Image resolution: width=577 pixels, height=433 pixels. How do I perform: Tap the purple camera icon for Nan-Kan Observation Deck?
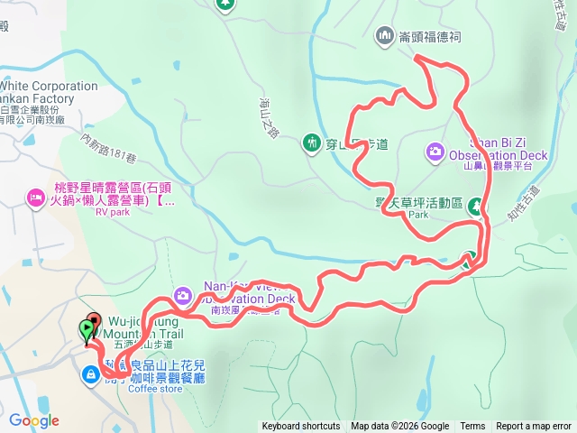pyautogui.click(x=183, y=295)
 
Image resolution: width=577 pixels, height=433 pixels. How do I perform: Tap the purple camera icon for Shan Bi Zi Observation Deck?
pyautogui.click(x=435, y=150)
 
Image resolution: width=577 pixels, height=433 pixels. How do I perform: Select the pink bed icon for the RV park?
pyautogui.click(x=36, y=196)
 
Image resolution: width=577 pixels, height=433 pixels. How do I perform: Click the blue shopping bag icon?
pyautogui.click(x=93, y=374)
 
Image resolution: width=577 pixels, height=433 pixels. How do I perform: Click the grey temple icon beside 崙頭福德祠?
pyautogui.click(x=383, y=35)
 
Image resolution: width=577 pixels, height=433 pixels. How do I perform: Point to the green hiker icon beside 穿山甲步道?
pyautogui.click(x=312, y=143)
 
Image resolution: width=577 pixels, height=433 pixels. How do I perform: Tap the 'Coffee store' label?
pyautogui.click(x=155, y=390)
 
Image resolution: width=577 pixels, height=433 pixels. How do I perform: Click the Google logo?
pyautogui.click(x=33, y=420)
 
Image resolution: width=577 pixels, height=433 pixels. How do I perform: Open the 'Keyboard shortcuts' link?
pyautogui.click(x=301, y=427)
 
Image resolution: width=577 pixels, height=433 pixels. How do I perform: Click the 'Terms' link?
pyautogui.click(x=472, y=427)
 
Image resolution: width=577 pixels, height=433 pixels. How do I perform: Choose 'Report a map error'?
pyautogui.click(x=534, y=427)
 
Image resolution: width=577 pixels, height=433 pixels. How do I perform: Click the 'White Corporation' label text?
pyautogui.click(x=50, y=87)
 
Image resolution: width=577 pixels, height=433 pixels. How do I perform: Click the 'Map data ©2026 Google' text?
pyautogui.click(x=400, y=427)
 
